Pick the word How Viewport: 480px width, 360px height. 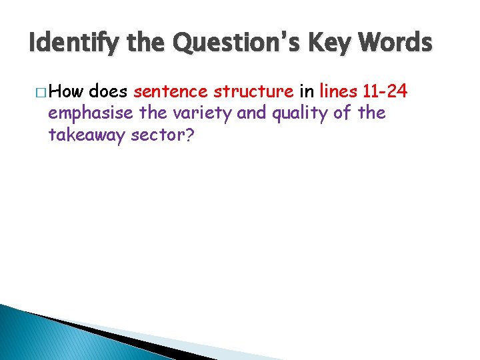click(66, 91)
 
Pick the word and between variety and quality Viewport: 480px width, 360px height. click(251, 113)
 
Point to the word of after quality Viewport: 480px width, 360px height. click(343, 113)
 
